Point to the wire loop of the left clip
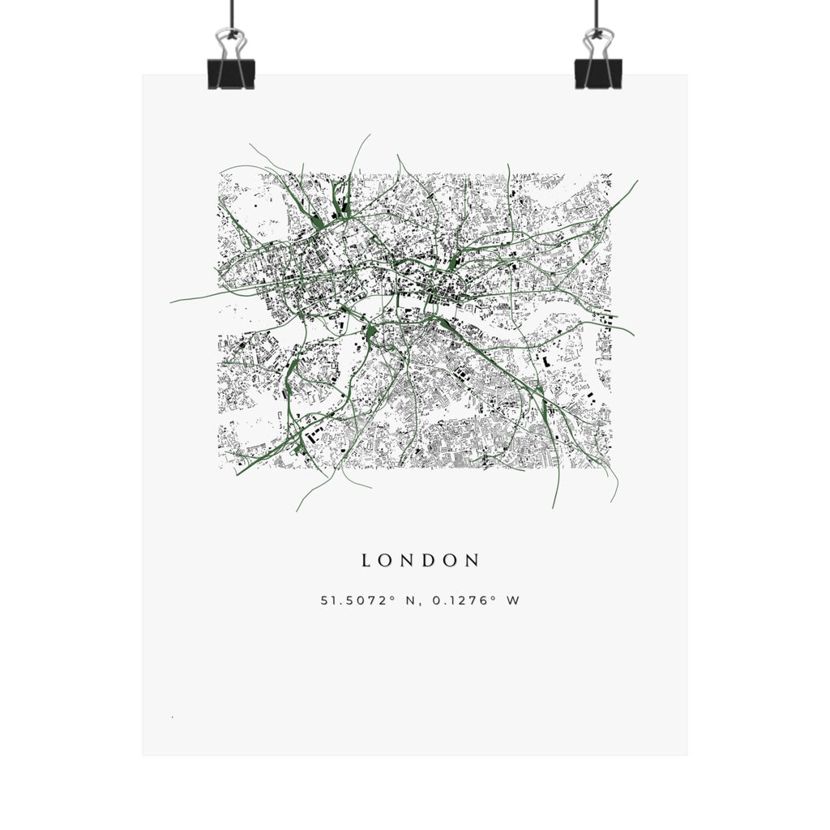click(231, 43)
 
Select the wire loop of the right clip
click(597, 43)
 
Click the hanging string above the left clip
click(233, 12)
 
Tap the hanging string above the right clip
click(597, 12)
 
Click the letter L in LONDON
click(366, 560)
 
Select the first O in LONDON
click(385, 560)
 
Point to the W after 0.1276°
click(513, 601)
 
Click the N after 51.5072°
click(410, 601)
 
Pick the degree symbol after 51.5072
click(392, 597)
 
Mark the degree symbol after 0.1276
click(494, 597)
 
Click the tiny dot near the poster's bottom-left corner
click(172, 717)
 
